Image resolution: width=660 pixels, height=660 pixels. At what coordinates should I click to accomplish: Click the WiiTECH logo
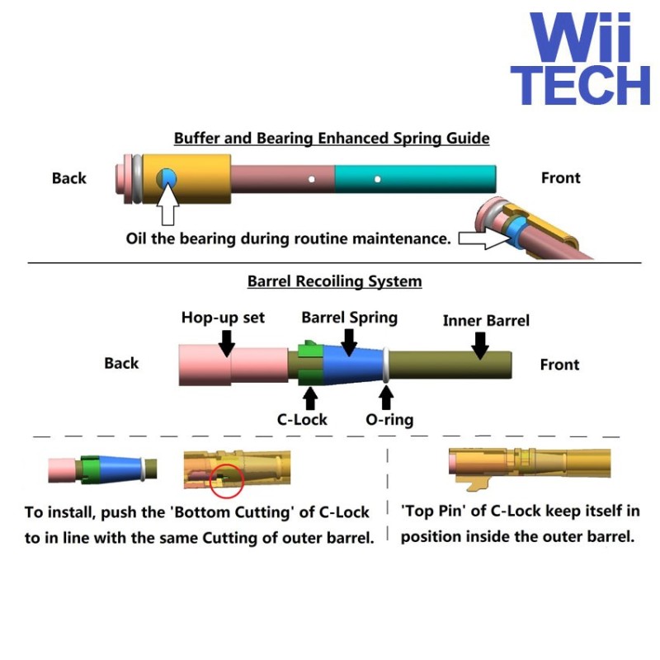coord(580,59)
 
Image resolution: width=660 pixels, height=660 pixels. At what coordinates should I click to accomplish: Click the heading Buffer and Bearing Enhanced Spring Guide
coord(332,139)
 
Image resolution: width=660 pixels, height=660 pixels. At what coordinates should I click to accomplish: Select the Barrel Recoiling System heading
coord(334,281)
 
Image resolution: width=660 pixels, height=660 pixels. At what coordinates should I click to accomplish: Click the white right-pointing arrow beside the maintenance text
coord(483,239)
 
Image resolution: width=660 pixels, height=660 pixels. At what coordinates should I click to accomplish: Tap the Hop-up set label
coord(223,318)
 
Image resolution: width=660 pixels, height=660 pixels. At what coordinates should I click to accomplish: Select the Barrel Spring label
coord(349,318)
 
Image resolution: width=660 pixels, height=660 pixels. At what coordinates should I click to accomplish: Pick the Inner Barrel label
coord(486,321)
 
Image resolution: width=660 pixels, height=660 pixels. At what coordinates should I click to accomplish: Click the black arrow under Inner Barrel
coord(479,345)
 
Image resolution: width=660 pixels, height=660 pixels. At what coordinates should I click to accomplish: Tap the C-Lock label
coord(302,419)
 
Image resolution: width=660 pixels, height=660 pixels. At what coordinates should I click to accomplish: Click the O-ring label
coord(389,419)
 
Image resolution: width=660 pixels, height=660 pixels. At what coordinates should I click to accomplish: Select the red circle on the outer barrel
coord(226,479)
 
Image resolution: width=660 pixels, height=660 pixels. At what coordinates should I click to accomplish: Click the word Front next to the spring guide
coord(560,177)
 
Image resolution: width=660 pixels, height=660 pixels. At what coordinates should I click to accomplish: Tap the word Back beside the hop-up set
coord(121,364)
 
